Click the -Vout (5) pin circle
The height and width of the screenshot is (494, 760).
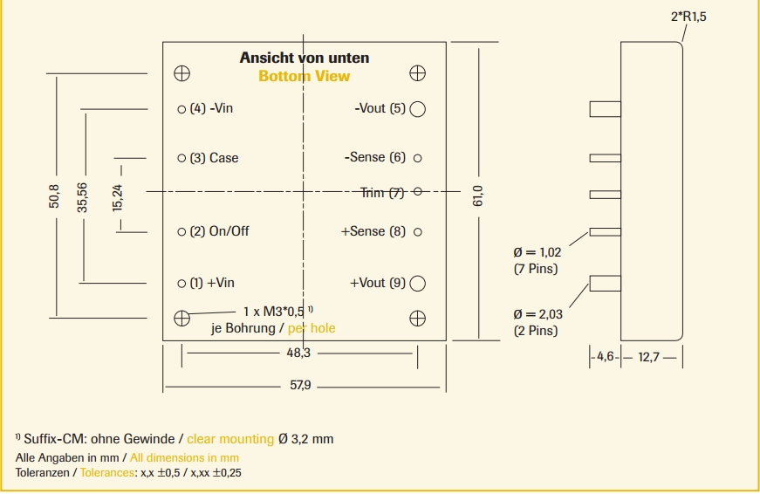418,108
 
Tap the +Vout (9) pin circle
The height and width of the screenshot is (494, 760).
418,283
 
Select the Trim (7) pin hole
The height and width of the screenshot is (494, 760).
418,191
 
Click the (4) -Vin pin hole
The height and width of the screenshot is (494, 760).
181,109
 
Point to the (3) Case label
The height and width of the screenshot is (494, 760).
214,158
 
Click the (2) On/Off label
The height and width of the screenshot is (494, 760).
219,231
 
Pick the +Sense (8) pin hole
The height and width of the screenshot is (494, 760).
418,231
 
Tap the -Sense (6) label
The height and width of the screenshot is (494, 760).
375,158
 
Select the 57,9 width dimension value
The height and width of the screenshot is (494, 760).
300,386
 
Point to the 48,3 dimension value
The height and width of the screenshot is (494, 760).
298,353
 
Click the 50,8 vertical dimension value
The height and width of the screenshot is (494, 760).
55,196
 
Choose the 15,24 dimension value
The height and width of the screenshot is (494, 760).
118,196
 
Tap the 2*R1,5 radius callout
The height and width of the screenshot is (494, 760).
688,17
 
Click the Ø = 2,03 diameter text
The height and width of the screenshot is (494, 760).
537,314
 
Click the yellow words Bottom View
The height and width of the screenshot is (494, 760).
304,76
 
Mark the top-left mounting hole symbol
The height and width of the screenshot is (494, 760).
181,72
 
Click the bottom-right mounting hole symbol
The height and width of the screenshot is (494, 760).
418,318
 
